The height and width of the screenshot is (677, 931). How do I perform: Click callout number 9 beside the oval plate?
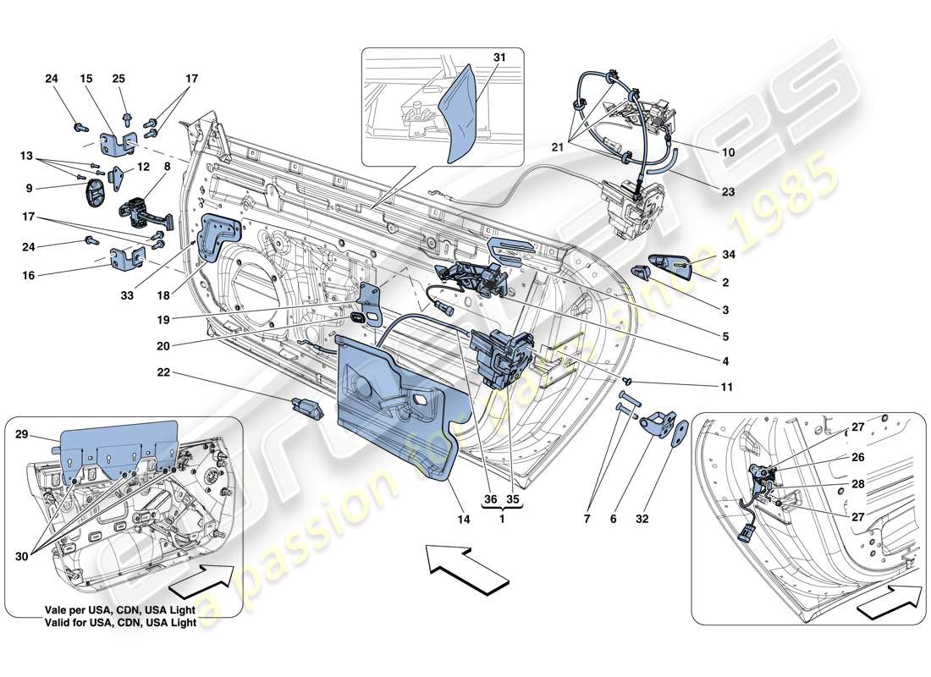coord(28,188)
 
